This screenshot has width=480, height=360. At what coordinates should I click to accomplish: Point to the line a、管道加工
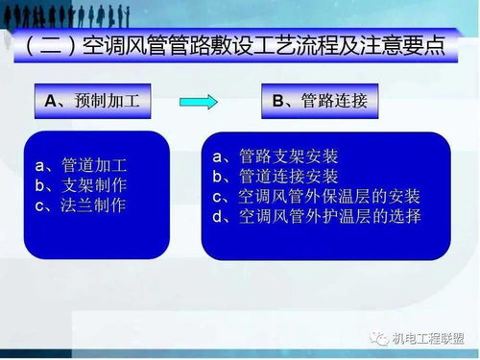click(x=81, y=164)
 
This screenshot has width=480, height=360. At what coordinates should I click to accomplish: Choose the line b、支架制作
click(x=81, y=184)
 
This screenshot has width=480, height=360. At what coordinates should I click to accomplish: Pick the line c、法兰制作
click(x=81, y=204)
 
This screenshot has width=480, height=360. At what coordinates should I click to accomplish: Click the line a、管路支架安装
click(x=276, y=156)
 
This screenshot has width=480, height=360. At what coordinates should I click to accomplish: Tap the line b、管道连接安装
click(x=276, y=176)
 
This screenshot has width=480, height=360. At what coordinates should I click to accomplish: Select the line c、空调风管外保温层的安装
click(x=317, y=196)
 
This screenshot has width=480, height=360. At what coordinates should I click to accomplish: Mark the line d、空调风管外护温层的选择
click(x=317, y=216)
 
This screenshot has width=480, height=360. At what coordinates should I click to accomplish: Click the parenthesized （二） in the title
click(x=47, y=46)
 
